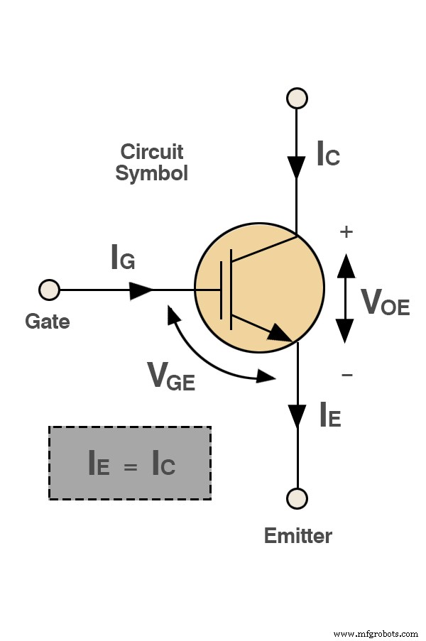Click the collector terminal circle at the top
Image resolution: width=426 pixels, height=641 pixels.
(297, 97)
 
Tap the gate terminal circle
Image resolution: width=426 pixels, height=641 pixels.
(49, 290)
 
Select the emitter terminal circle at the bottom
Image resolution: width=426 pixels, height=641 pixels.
(297, 498)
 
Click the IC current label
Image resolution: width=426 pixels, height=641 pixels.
(328, 154)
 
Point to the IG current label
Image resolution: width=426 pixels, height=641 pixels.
(123, 258)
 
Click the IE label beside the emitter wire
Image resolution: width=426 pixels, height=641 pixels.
(330, 415)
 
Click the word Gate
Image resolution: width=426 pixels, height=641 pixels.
(48, 322)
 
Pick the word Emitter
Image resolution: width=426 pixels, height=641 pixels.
(297, 535)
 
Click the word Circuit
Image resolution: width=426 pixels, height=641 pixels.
(152, 152)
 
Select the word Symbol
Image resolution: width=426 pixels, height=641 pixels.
(152, 173)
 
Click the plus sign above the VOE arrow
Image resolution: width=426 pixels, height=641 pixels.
(346, 232)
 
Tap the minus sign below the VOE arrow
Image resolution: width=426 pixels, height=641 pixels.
(346, 374)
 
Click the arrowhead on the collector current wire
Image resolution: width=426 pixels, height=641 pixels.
(297, 169)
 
